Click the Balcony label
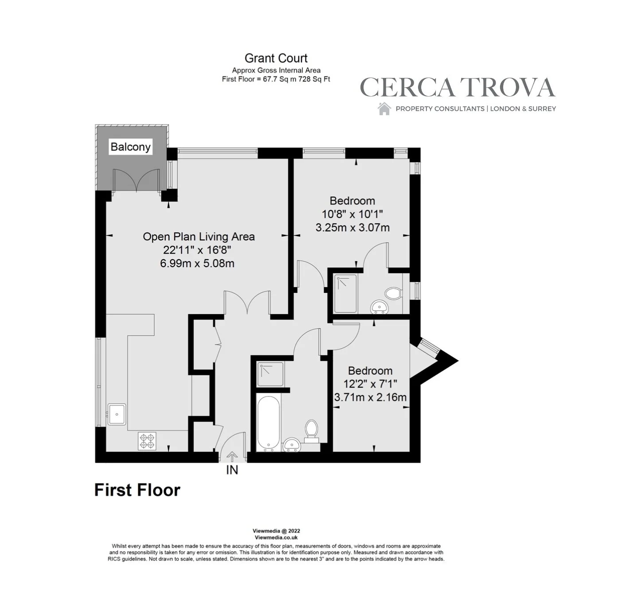(x=130, y=147)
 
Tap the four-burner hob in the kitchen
(x=147, y=441)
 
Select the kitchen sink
(x=117, y=414)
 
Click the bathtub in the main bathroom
(x=268, y=423)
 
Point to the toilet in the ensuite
(x=394, y=293)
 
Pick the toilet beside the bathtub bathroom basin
(x=312, y=432)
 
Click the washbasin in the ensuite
(x=379, y=307)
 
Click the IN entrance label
(x=232, y=470)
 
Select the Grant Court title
(x=276, y=58)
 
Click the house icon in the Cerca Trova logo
(x=384, y=109)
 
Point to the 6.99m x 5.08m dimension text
(x=197, y=263)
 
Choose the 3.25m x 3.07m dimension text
(x=352, y=228)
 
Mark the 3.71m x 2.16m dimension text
(x=370, y=397)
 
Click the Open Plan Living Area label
(x=199, y=237)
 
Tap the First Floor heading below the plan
(x=137, y=490)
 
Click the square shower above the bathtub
(x=270, y=374)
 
